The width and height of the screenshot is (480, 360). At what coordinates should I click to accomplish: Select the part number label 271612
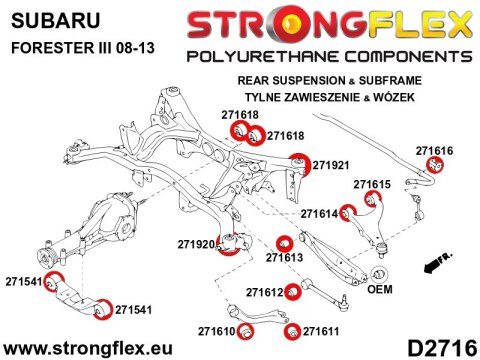(265, 292)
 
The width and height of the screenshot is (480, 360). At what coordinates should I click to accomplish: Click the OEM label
(380, 291)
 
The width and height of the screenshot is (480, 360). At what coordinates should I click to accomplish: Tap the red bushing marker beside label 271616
(435, 165)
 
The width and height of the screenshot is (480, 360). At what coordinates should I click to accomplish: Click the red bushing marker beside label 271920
(237, 242)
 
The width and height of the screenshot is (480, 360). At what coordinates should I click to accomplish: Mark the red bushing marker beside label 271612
(292, 292)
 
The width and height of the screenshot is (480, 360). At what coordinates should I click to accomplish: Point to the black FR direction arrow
(436, 265)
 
